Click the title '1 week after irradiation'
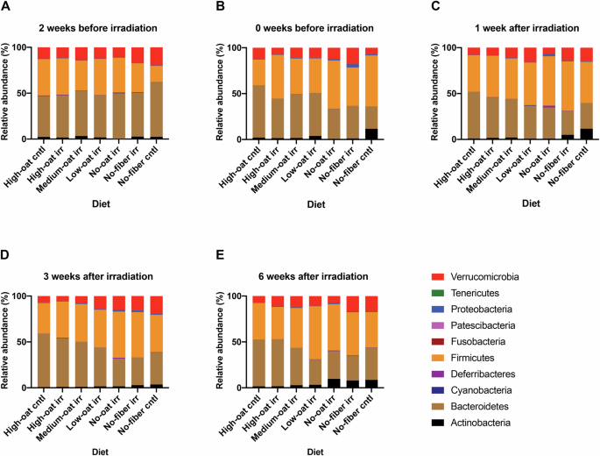[505, 27]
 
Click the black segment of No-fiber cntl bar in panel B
[372, 134]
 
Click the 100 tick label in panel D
[22, 296]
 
